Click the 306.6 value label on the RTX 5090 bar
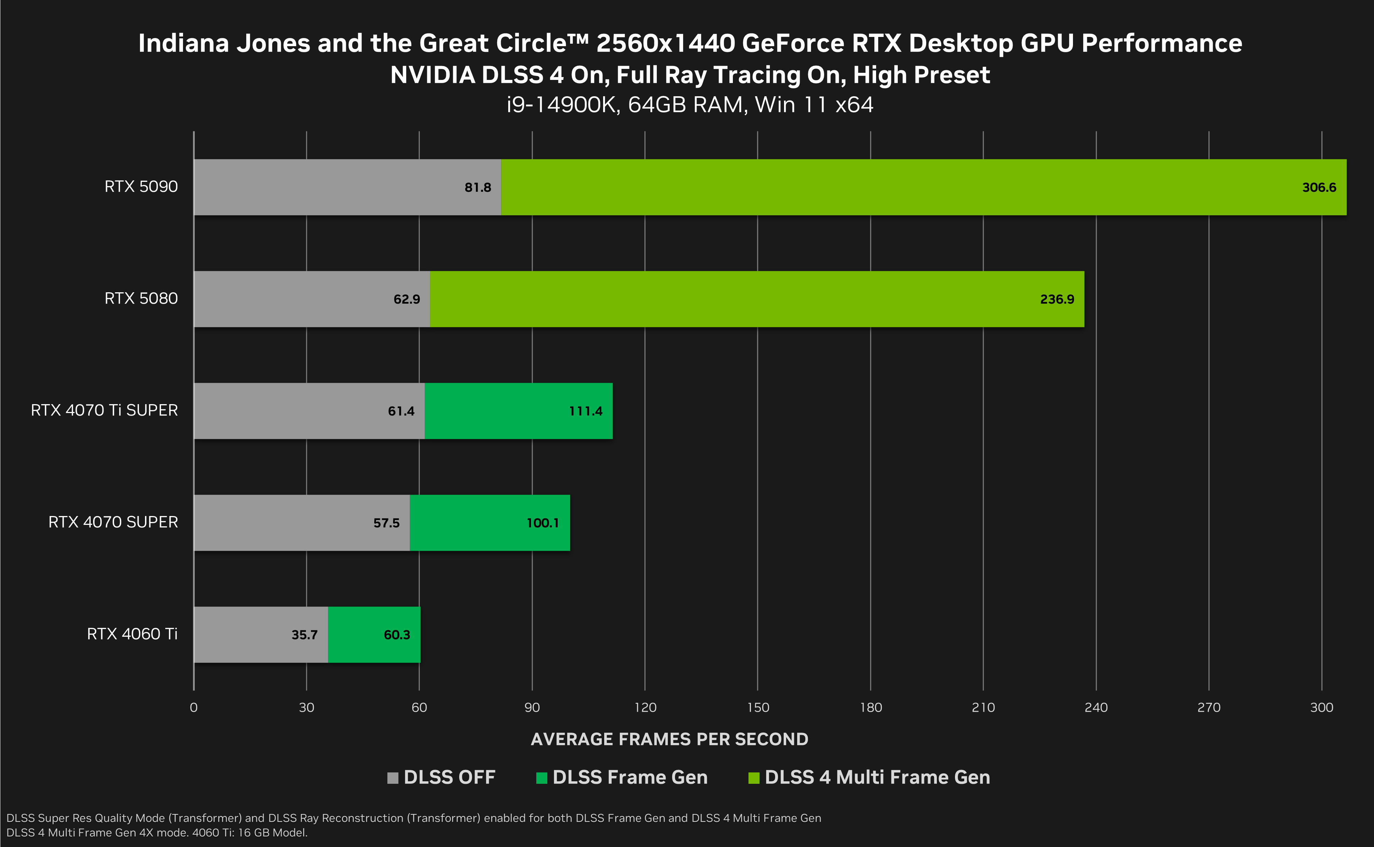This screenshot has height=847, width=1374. click(1319, 188)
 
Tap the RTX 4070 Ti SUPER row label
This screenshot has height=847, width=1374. click(104, 411)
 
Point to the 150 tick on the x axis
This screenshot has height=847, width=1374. click(758, 707)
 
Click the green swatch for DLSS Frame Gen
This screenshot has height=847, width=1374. click(542, 778)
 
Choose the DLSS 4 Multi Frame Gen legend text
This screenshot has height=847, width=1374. click(877, 777)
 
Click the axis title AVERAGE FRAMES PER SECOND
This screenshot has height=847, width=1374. click(669, 739)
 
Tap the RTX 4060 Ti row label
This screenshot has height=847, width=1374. click(132, 634)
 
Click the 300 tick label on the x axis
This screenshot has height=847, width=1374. click(1321, 707)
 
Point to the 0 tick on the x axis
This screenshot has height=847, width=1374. click(193, 707)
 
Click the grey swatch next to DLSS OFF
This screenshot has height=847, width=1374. click(392, 778)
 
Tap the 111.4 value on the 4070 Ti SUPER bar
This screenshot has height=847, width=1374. click(585, 411)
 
